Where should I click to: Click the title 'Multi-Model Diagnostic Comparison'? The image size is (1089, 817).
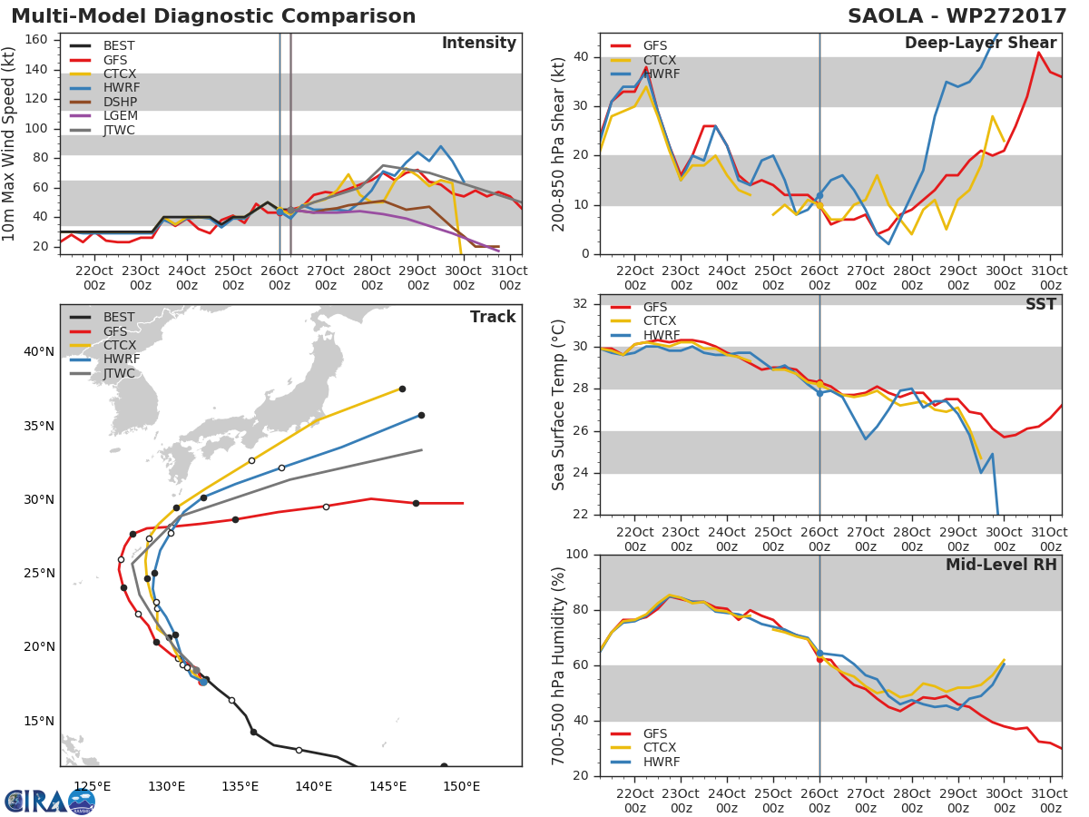pos(213,16)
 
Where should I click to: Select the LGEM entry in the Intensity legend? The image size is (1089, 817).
pos(119,116)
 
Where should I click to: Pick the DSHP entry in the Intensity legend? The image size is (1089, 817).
pos(119,102)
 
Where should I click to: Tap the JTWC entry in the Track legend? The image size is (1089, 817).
pos(119,374)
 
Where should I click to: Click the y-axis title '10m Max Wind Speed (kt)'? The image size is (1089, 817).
pos(10,143)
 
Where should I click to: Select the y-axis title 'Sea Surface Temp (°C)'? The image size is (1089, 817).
pos(559,405)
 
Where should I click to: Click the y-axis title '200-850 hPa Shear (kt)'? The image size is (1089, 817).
pos(559,143)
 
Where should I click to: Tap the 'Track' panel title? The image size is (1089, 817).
pos(492,317)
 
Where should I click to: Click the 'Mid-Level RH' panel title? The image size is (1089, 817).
pos(1001,565)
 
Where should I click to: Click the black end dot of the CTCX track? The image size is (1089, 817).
pos(402,389)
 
